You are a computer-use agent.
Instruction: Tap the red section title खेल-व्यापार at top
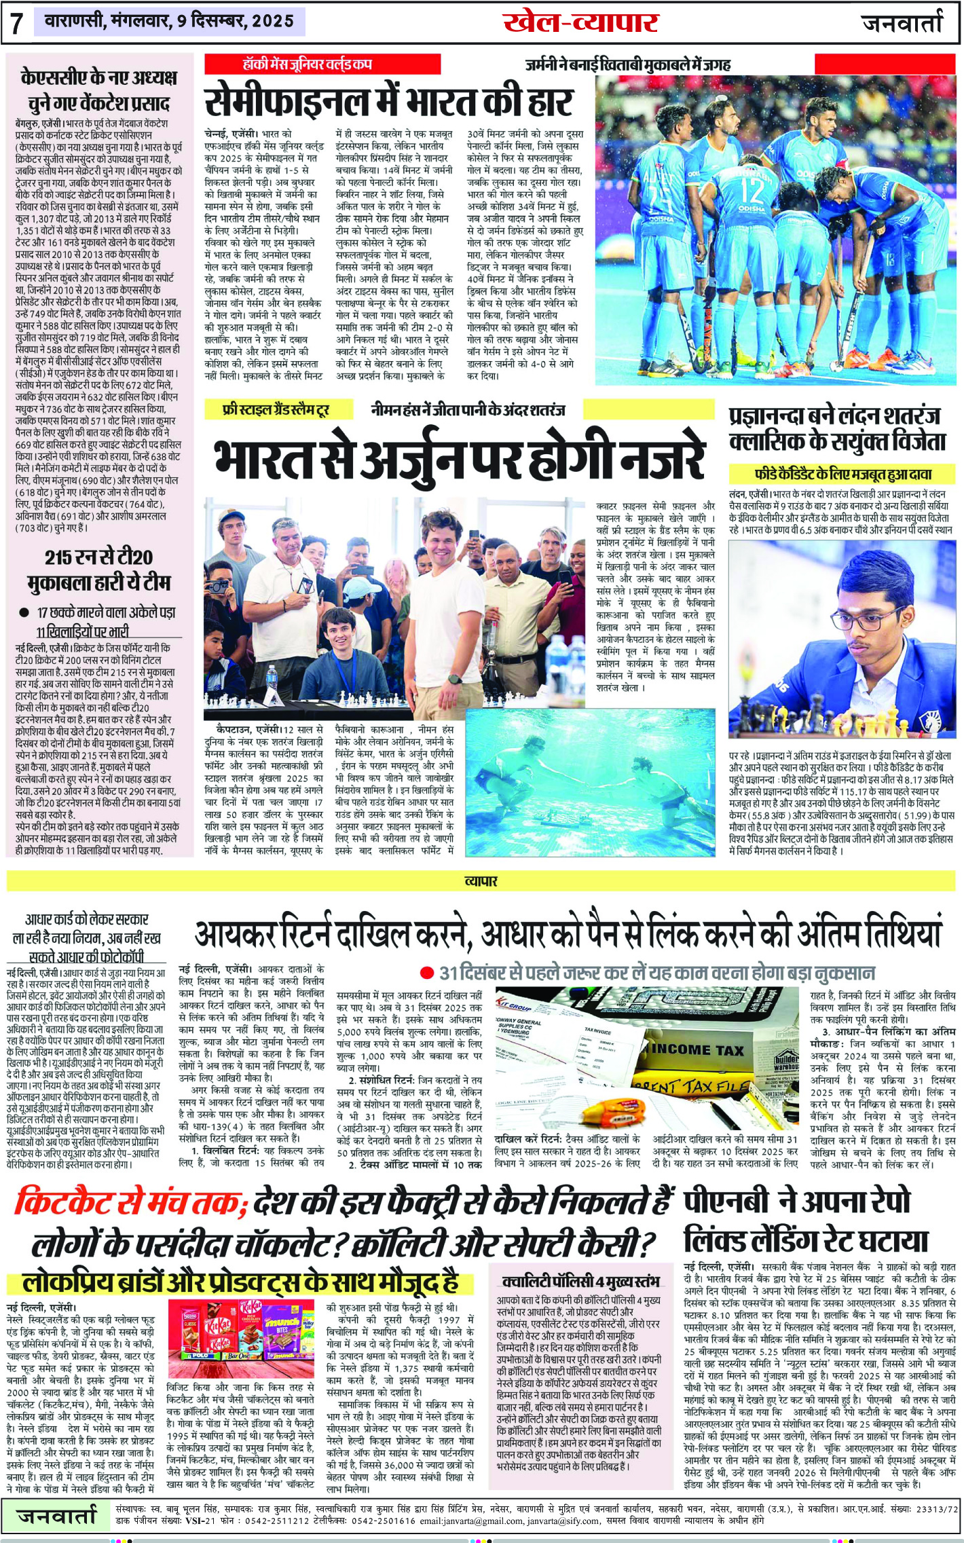(580, 22)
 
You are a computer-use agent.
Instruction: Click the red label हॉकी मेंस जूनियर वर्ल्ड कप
(308, 64)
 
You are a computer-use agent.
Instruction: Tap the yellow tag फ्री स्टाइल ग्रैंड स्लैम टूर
(276, 410)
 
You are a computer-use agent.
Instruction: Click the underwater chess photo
(589, 781)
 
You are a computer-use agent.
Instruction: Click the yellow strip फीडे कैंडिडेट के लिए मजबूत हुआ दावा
(842, 473)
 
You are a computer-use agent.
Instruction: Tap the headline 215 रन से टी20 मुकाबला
(98, 570)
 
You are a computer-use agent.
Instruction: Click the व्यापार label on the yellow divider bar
(481, 881)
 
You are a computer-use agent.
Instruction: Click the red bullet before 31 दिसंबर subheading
(426, 973)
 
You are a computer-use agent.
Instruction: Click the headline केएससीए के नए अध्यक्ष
(98, 90)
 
